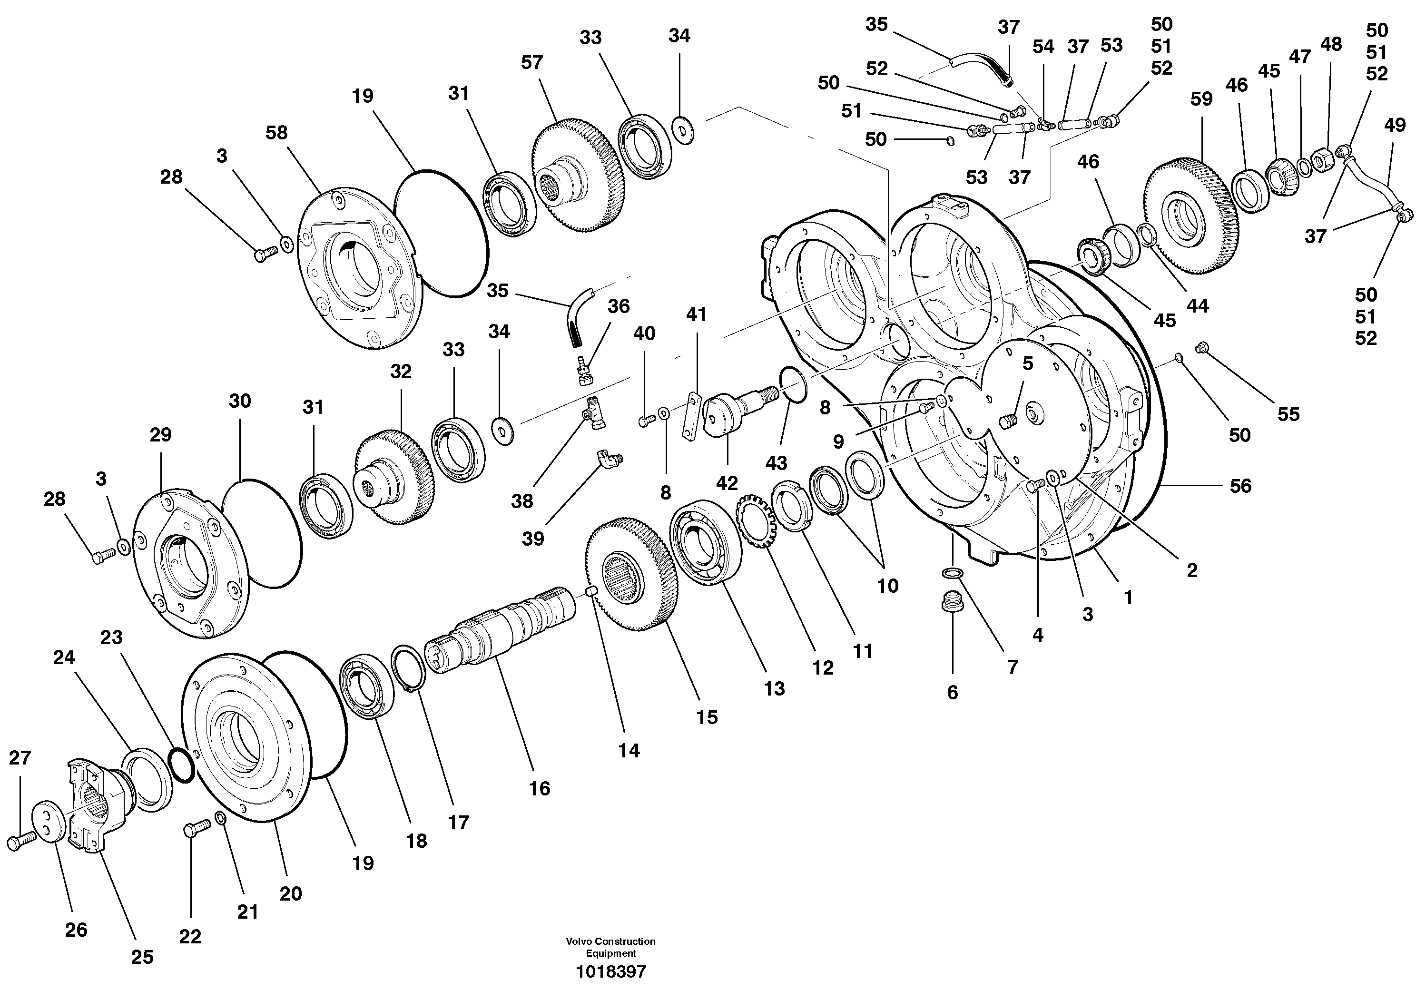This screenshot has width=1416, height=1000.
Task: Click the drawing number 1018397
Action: (x=610, y=972)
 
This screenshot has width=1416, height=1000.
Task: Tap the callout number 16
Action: (x=539, y=788)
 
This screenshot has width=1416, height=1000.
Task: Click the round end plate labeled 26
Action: (x=49, y=821)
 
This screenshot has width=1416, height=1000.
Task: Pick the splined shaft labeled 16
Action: (x=500, y=632)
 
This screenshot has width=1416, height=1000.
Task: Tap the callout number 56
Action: (x=1240, y=486)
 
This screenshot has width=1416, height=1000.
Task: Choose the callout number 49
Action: (x=1395, y=125)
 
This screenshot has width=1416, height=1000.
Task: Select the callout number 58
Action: (x=276, y=133)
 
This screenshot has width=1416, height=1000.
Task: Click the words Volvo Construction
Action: (x=610, y=941)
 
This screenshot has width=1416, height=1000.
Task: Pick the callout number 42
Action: (x=727, y=483)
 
